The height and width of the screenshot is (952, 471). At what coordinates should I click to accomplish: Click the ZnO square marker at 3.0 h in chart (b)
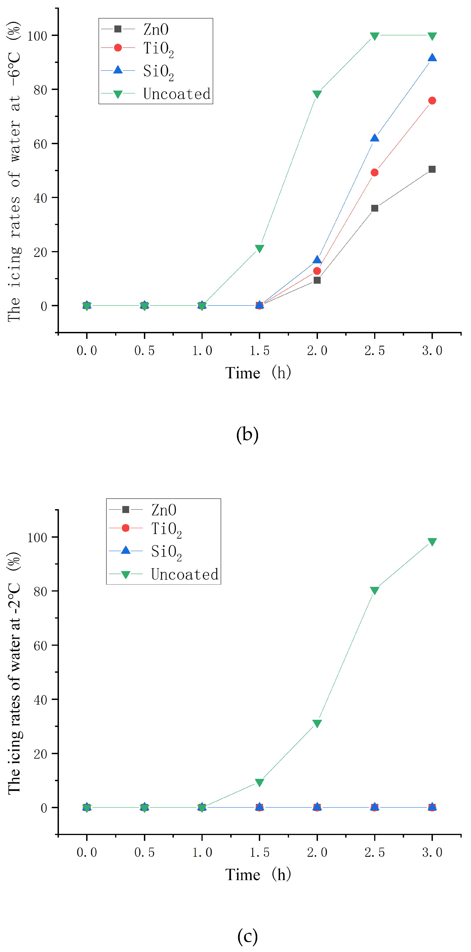pyautogui.click(x=432, y=169)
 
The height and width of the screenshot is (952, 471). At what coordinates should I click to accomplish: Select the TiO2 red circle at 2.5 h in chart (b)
pyautogui.click(x=375, y=173)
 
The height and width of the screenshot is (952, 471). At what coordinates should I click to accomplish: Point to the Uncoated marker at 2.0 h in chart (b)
pyautogui.click(x=317, y=94)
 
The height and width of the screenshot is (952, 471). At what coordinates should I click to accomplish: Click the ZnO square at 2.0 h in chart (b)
pyautogui.click(x=317, y=280)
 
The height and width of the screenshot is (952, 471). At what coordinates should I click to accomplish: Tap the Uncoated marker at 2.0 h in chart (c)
pyautogui.click(x=317, y=723)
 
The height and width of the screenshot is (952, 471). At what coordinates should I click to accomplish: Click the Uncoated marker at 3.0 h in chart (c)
pyautogui.click(x=432, y=542)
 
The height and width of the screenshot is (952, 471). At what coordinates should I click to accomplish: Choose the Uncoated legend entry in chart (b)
pyautogui.click(x=177, y=94)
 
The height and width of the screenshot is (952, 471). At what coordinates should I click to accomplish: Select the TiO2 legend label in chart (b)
pyautogui.click(x=158, y=48)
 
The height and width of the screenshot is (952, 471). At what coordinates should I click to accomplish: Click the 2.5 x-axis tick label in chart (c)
pyautogui.click(x=375, y=852)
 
